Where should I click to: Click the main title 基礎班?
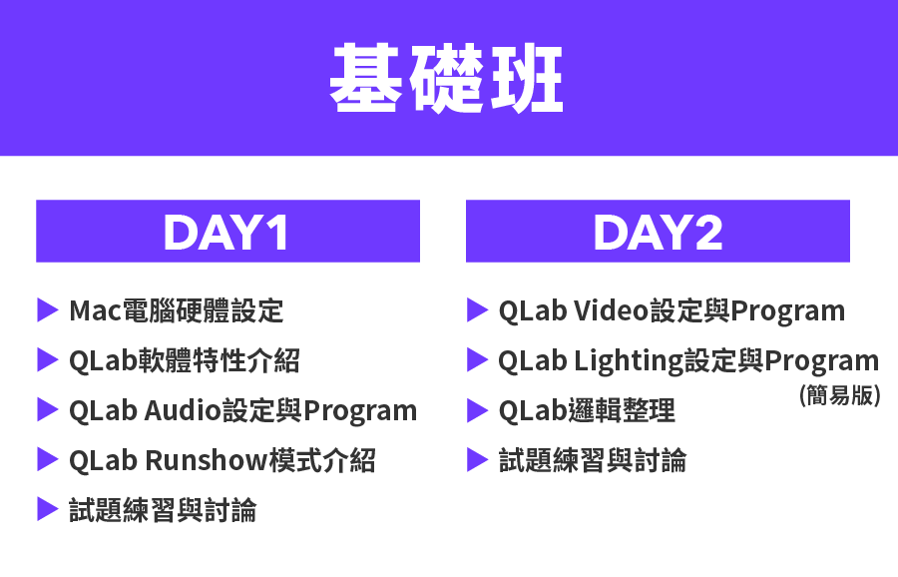[446, 77]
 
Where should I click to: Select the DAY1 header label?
[225, 232]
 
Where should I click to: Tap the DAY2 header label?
[659, 232]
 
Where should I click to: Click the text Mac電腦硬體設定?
[177, 310]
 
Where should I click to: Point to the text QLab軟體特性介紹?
[184, 360]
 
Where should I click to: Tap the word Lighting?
[629, 361]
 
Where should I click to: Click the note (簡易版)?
[839, 394]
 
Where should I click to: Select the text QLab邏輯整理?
[587, 410]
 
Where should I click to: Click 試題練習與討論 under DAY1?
[163, 510]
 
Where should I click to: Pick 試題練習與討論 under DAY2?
[593, 460]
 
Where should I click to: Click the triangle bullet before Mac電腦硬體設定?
[48, 310]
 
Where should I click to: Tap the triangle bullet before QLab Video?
[477, 310]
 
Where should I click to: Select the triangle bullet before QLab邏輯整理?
[477, 410]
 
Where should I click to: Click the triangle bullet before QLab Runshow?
[48, 459]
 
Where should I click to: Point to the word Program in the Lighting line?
[822, 361]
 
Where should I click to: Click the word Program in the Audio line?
[360, 411]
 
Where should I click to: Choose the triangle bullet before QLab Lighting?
[477, 359]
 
